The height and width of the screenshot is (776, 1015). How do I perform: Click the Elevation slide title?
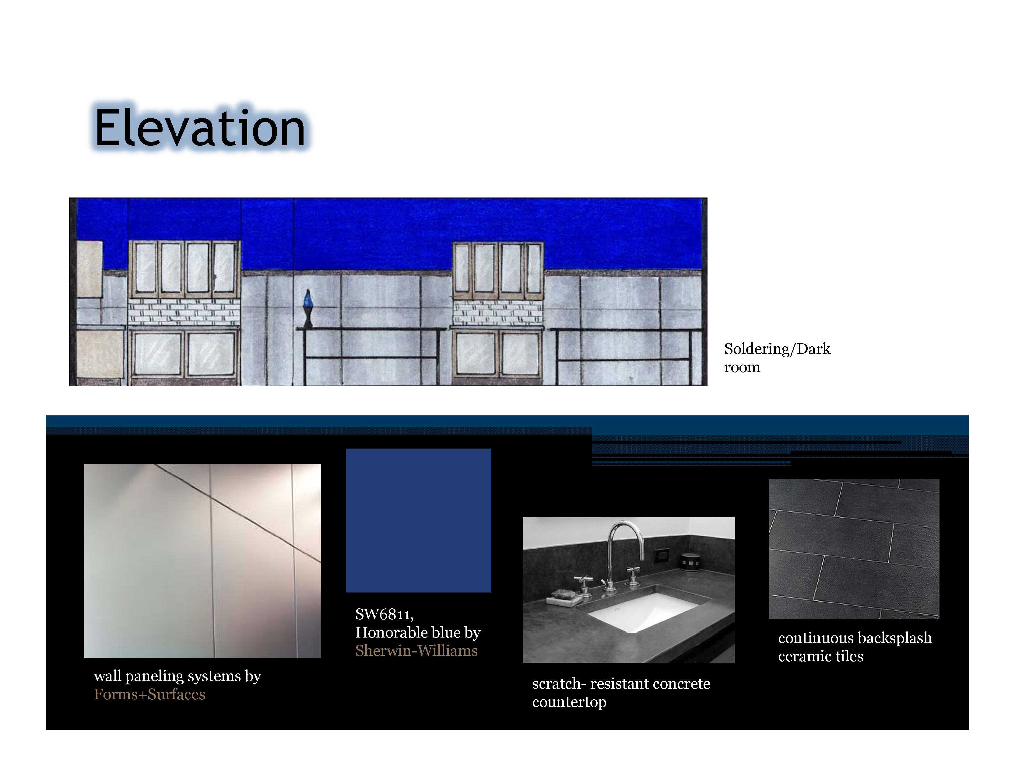tap(200, 127)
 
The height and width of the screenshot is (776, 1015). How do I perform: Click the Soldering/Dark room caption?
tap(777, 358)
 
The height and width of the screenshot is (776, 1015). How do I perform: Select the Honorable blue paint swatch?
tap(418, 520)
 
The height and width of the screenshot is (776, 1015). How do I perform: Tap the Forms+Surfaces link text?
tap(149, 694)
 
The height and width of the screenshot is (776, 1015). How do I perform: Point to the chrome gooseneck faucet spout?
tap(626, 540)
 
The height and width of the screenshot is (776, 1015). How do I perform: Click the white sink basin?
tap(644, 611)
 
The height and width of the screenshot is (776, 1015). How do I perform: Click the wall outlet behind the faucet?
tap(662, 555)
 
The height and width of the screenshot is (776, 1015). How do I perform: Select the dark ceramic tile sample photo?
tap(853, 548)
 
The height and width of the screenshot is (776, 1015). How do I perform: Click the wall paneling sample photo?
tap(202, 561)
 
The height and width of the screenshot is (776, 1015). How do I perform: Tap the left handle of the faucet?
tap(583, 584)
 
